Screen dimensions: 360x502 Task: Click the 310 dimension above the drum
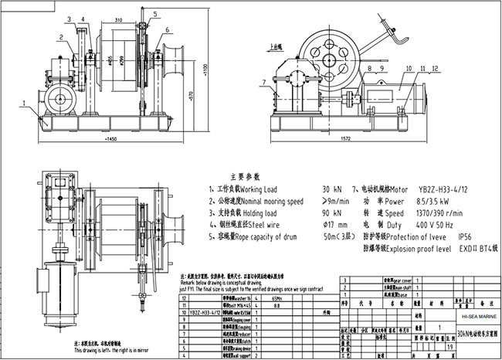(x=119, y=19)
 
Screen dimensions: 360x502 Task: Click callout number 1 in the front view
(x=24, y=101)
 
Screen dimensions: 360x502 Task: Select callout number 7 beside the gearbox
(x=264, y=80)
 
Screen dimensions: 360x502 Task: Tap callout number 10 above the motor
(x=368, y=68)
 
